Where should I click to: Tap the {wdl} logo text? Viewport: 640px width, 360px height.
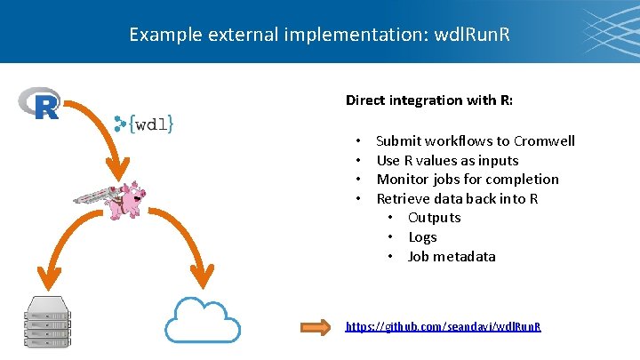point(145,124)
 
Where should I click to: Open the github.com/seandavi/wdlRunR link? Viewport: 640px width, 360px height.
point(443,327)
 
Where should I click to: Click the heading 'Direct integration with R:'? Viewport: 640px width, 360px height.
point(428,100)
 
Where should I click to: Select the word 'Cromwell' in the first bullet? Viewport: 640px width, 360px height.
point(543,141)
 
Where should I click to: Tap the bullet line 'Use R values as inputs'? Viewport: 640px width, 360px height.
point(447,161)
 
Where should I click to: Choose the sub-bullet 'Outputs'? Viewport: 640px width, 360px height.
point(434,218)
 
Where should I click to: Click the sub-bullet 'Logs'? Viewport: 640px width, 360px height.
point(422,237)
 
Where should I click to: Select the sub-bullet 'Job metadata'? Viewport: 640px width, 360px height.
point(452,257)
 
